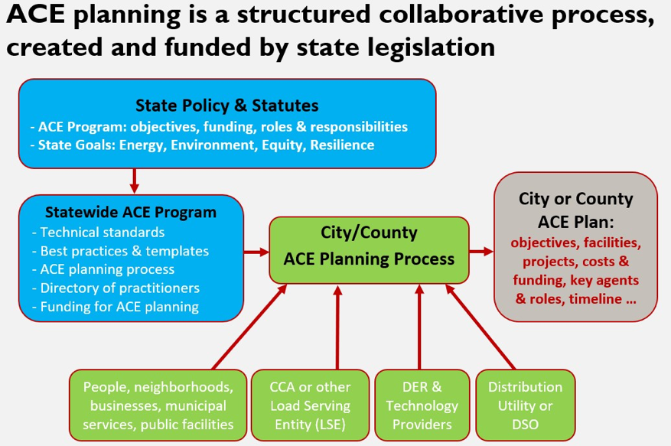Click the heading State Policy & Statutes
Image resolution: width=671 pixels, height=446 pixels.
click(226, 106)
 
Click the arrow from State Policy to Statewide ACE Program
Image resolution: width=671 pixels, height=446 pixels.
click(135, 181)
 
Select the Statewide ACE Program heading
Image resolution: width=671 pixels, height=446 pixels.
click(131, 212)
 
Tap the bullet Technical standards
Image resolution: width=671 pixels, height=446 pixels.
click(99, 232)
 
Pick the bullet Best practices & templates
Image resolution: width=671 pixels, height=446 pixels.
click(120, 251)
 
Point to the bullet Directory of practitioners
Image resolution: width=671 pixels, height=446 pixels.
click(116, 288)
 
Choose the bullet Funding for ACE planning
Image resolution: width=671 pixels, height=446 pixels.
click(116, 307)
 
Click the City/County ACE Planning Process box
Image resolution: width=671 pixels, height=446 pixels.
click(369, 250)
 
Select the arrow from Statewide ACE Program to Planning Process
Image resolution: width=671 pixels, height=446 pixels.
click(256, 252)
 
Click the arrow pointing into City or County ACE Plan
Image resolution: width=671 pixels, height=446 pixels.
click(481, 251)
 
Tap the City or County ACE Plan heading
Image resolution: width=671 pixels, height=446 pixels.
click(575, 210)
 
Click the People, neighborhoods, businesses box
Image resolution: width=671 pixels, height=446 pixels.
click(158, 405)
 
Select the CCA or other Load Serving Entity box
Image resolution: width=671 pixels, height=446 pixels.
click(311, 405)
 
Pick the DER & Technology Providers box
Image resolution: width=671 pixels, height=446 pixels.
click(422, 405)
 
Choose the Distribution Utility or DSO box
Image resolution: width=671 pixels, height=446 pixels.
click(525, 405)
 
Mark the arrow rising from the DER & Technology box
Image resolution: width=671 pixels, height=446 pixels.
click(419, 327)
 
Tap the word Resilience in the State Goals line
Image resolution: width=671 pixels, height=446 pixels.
click(342, 145)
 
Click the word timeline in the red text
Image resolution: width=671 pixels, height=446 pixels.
click(595, 299)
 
